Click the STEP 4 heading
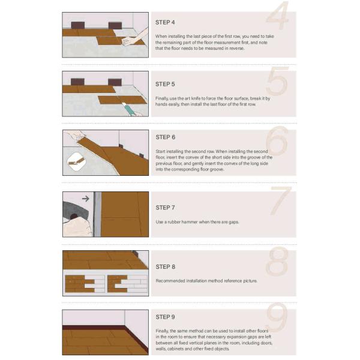pos(165,23)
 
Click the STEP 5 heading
pos(165,84)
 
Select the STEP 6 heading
pos(166,137)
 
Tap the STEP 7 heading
pos(165,208)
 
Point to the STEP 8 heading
pos(166,267)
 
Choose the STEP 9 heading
pos(165,317)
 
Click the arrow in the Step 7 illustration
pos(85,199)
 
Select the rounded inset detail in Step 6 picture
pos(77,161)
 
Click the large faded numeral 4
pos(277,15)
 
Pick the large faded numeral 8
pos(277,261)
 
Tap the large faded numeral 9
pos(277,317)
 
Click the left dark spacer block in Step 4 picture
pos(78,25)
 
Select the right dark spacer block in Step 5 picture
pos(115,82)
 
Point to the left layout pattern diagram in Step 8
pos(85,284)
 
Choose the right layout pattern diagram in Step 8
pos(127,284)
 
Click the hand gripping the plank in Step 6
pos(75,135)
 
